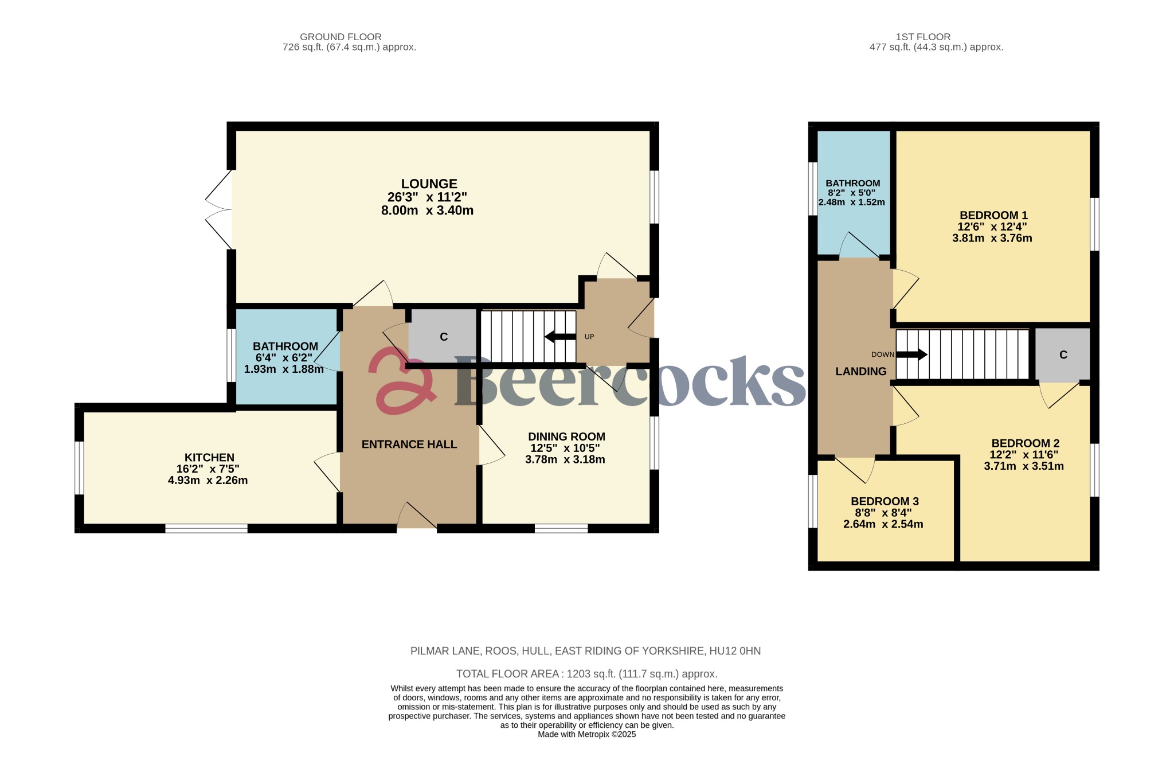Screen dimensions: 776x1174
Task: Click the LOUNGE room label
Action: click(x=429, y=184)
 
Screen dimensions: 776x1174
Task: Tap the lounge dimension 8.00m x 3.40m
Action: click(x=427, y=210)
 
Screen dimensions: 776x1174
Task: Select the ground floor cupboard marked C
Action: click(x=443, y=337)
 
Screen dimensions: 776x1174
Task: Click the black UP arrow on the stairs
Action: click(x=560, y=337)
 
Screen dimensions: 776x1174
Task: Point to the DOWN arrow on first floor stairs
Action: click(x=911, y=354)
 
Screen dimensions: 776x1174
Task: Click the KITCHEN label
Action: click(x=209, y=457)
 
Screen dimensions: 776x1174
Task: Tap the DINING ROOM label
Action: click(x=566, y=436)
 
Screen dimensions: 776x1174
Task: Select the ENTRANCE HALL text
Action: click(x=409, y=444)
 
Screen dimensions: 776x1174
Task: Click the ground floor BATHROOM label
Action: click(x=285, y=346)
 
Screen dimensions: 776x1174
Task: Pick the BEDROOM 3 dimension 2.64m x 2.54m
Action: click(x=883, y=524)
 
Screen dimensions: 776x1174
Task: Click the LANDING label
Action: click(x=860, y=371)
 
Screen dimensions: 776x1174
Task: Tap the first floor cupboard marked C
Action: click(x=1063, y=355)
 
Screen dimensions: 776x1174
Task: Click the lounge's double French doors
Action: click(x=219, y=209)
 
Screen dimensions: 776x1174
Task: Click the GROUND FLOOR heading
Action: click(x=341, y=37)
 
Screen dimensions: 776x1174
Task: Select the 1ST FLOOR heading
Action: click(x=923, y=37)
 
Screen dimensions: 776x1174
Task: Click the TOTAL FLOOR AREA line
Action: click(x=586, y=674)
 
